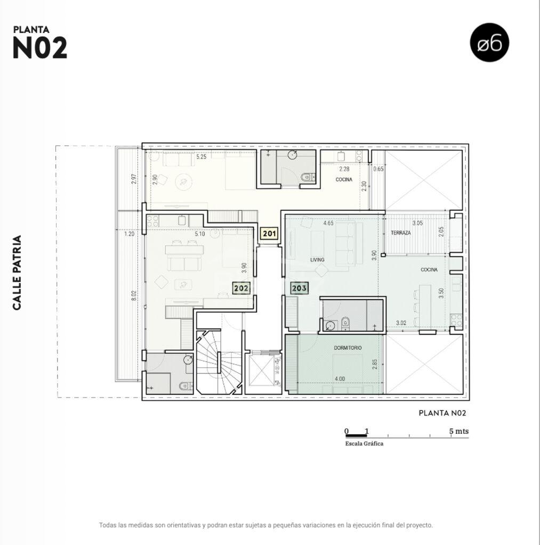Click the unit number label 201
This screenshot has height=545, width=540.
(270, 234)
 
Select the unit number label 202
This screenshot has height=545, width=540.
(241, 288)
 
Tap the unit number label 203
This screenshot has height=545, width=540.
(299, 288)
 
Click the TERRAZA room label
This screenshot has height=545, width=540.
(400, 233)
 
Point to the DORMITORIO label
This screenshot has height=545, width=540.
(348, 348)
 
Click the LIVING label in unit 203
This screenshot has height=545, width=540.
(317, 260)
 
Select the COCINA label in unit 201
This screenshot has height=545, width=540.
(344, 179)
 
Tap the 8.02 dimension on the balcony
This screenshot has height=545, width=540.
(134, 295)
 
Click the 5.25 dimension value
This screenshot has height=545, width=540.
(202, 157)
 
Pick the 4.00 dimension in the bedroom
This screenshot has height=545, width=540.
(340, 378)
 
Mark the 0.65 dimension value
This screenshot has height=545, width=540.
(378, 169)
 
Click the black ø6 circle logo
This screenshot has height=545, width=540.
(489, 43)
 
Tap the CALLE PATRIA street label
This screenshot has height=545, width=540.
(17, 272)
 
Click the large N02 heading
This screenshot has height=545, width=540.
(39, 48)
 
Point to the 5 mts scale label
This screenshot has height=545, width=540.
(459, 431)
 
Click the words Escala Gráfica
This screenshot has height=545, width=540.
(364, 443)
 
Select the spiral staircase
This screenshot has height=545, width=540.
(219, 362)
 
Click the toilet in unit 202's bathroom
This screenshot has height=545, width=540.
(185, 386)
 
